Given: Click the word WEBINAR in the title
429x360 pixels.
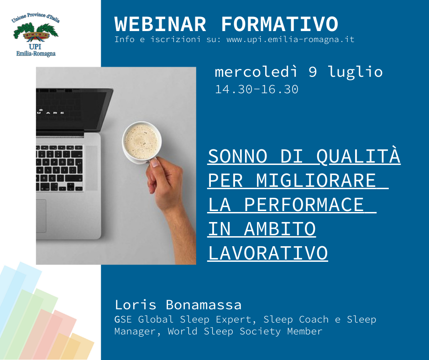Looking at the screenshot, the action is (160, 24).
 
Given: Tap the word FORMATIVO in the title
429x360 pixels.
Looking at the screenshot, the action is (280, 24).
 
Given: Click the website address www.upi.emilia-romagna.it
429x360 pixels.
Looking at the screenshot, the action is (290, 40).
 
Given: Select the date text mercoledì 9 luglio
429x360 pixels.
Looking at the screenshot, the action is (298, 72).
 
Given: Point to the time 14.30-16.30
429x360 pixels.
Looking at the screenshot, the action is (256, 90).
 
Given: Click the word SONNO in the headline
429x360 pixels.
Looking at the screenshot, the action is (237, 156).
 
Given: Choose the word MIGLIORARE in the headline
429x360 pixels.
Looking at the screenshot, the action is (316, 180).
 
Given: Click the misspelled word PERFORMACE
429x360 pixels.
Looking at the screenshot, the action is (303, 205).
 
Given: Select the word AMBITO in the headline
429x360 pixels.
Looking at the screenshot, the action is (280, 229).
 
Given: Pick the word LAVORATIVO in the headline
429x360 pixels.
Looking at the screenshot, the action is (268, 253).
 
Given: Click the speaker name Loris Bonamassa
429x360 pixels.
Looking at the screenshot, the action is (178, 305).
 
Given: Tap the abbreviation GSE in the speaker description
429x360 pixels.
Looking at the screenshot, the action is (123, 319).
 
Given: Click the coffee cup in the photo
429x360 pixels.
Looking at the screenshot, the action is (141, 143).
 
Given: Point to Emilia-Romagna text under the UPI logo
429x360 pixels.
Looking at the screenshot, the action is (36, 54).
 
